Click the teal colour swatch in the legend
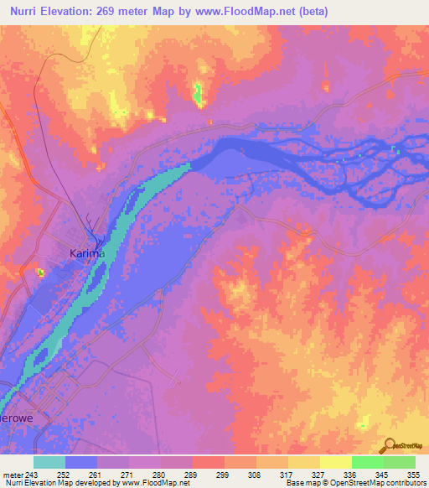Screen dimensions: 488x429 (49, 462)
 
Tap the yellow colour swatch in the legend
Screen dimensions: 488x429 (336, 462)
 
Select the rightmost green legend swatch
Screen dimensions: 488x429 (400, 462)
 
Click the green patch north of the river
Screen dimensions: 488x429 (199, 94)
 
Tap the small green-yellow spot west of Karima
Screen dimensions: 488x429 (39, 272)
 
